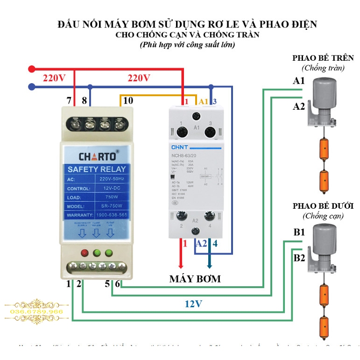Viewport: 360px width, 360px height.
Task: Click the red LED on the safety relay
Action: point(85,253)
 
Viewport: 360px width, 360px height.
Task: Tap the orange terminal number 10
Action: point(128,100)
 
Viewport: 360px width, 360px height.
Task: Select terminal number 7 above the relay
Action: point(69,100)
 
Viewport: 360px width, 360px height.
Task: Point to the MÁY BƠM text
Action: point(195,279)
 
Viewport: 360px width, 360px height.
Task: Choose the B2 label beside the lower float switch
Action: point(299,258)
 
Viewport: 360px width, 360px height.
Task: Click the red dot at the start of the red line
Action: point(31,69)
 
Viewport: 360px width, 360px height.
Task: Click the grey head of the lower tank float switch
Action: point(325,236)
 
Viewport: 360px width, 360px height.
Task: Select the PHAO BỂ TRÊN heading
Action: point(323,58)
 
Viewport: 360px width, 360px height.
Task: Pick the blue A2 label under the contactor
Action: point(201,243)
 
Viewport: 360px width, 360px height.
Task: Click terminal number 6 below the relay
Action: point(117,283)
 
